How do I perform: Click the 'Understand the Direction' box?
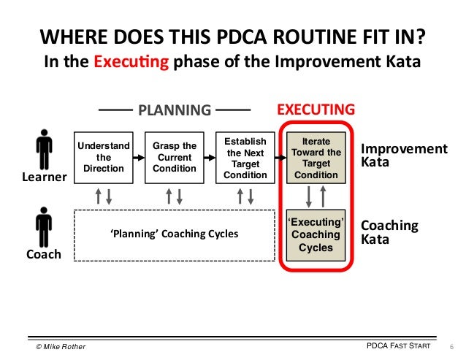104,157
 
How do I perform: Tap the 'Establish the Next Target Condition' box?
245,157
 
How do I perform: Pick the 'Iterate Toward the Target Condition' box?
315,158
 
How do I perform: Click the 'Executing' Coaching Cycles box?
315,234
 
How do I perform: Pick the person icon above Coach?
44,226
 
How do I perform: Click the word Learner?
44,177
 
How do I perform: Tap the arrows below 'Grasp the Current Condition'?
174,196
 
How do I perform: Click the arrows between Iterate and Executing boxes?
315,196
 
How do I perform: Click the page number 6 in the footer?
450,345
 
